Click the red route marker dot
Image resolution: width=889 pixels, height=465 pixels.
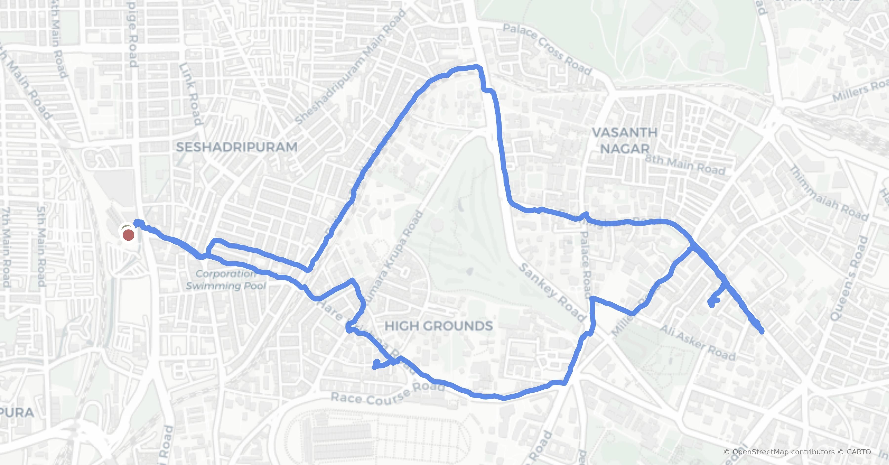pos(128,235)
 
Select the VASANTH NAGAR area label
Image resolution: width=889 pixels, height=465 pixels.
pos(625,141)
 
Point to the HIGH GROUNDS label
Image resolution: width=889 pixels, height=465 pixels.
pos(439,326)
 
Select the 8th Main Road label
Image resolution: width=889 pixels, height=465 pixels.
pos(685,165)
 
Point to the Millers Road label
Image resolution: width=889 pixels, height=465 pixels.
pos(859,91)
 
